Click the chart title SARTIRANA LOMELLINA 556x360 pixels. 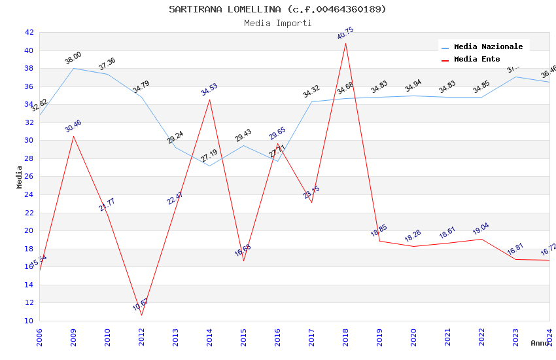pyautogui.click(x=277, y=9)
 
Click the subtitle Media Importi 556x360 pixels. pyautogui.click(x=277, y=23)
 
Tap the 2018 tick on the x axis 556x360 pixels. pyautogui.click(x=345, y=334)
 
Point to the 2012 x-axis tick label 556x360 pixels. pyautogui.click(x=141, y=334)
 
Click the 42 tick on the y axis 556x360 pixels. pyautogui.click(x=29, y=32)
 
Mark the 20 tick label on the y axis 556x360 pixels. pyautogui.click(x=29, y=230)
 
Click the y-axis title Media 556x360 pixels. pyautogui.click(x=20, y=177)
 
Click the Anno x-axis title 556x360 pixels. pyautogui.click(x=540, y=343)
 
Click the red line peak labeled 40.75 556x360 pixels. pyautogui.click(x=345, y=43)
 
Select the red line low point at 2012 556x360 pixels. pyautogui.click(x=141, y=315)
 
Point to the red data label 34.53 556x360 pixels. pyautogui.click(x=209, y=90)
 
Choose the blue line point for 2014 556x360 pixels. pyautogui.click(x=209, y=166)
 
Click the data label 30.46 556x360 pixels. pyautogui.click(x=73, y=126)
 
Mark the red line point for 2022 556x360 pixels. pyautogui.click(x=481, y=239)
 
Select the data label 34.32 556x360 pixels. pyautogui.click(x=311, y=92)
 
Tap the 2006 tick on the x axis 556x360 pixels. pyautogui.click(x=39, y=334)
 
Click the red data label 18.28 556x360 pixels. pyautogui.click(x=413, y=236)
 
